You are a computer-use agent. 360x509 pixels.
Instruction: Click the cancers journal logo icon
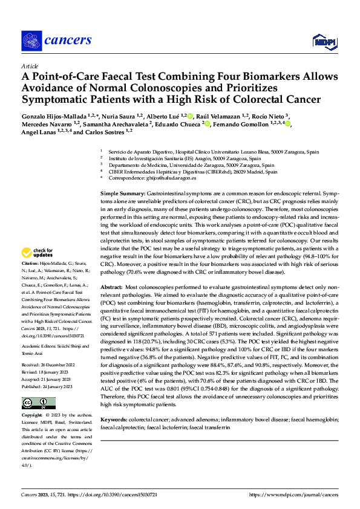click(x=31, y=41)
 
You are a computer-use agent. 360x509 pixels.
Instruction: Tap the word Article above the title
click(x=29, y=66)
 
